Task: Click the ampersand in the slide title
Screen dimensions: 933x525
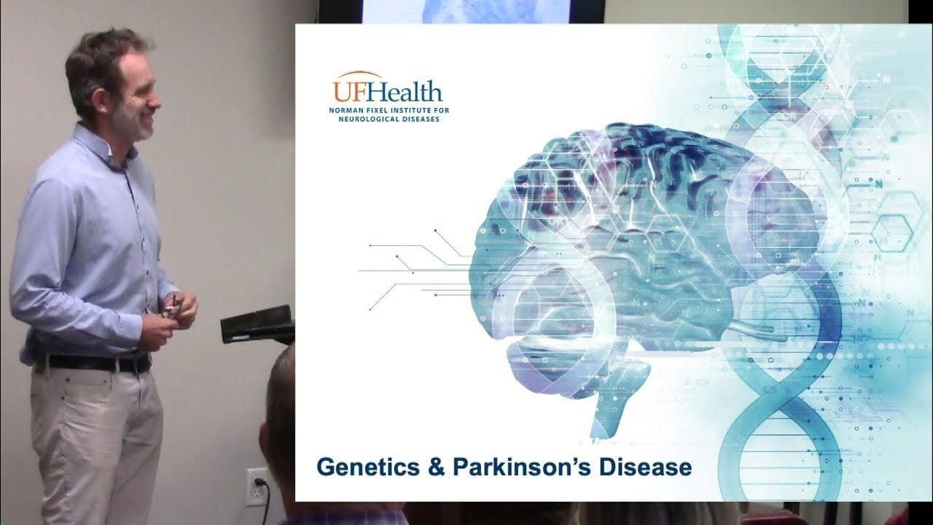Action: pos(437,467)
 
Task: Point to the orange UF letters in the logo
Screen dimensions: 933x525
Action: pos(351,91)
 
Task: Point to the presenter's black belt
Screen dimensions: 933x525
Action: pos(95,363)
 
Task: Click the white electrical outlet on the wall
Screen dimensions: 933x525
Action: pos(257,486)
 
